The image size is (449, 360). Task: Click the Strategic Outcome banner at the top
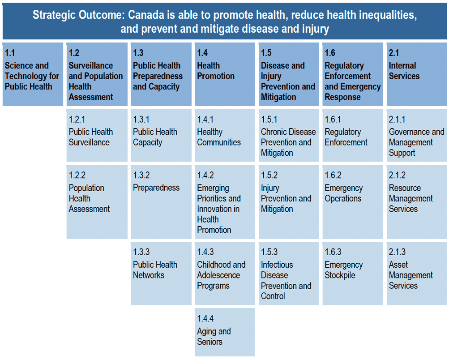224,21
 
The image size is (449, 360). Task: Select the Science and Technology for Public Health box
33,74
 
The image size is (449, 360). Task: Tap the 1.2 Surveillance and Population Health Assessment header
97,74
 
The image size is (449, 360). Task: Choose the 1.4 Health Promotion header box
225,74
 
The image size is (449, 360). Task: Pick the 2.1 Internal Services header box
417,74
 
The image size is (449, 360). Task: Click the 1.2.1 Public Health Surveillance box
97,135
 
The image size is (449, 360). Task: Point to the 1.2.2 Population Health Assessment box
97,201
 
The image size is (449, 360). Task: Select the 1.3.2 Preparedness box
161,201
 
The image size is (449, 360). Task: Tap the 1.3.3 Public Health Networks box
161,273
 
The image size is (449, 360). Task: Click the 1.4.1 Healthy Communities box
225,135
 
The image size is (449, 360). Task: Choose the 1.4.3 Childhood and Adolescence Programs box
225,273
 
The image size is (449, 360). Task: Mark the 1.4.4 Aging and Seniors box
225,332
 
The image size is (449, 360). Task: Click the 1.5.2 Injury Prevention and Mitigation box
289,201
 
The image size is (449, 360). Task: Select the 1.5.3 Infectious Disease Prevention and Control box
289,273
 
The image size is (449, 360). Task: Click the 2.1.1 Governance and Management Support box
417,135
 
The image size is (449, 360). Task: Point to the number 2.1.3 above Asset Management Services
397,252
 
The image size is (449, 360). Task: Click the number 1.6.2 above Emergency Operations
333,176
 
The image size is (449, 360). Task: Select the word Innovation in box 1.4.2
218,209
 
